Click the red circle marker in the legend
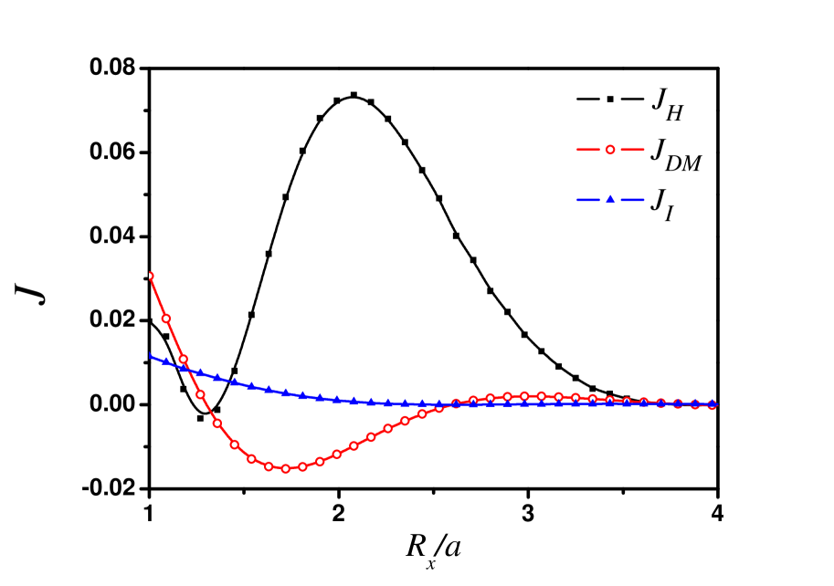(x=610, y=149)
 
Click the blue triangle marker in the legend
(x=610, y=199)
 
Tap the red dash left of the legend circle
(x=588, y=149)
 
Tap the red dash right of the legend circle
(x=632, y=149)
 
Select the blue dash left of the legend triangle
(x=588, y=200)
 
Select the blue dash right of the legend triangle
(x=632, y=200)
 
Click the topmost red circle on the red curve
(x=149, y=276)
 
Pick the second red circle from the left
(x=166, y=319)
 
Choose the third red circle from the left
(x=183, y=359)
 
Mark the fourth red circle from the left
(x=200, y=394)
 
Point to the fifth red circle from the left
(x=217, y=423)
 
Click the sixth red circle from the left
(x=234, y=445)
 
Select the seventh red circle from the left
(x=251, y=458)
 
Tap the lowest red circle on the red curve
(x=285, y=468)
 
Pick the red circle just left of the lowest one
(x=269, y=466)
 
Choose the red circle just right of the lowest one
(x=302, y=466)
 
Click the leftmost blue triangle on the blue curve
(x=149, y=355)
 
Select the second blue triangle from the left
(x=165, y=361)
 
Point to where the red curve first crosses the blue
(x=188, y=369)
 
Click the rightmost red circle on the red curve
(x=712, y=404)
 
